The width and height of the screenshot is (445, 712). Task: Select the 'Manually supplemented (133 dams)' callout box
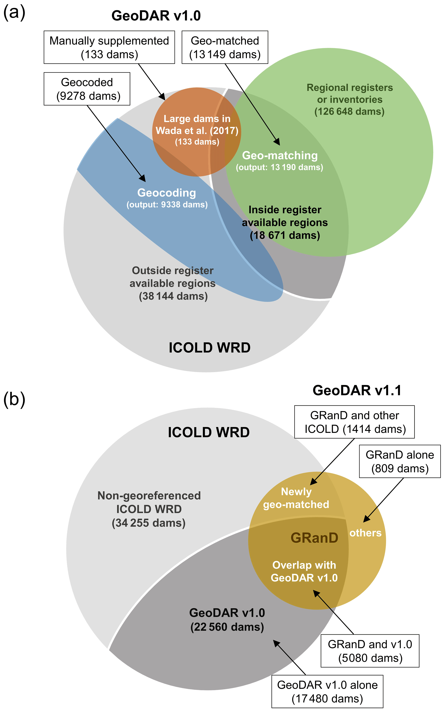point(109,47)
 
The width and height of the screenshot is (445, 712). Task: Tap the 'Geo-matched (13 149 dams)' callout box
point(225,47)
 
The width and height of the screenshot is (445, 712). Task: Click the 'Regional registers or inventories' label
point(350,94)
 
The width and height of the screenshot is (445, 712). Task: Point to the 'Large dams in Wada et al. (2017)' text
point(197,125)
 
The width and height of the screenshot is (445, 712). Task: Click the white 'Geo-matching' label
point(280,156)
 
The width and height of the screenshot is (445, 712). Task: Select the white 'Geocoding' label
point(167,193)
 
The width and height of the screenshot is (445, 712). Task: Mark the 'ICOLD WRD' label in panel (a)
point(209,348)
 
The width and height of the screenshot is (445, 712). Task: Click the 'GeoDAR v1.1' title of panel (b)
point(357,390)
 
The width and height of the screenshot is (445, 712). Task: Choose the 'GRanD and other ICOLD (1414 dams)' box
point(355,422)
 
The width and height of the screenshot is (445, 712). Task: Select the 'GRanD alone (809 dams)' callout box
point(400,461)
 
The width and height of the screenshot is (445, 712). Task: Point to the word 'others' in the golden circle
point(366,533)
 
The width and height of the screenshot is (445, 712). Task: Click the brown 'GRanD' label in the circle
point(314,538)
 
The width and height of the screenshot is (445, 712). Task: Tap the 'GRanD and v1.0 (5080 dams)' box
point(370,651)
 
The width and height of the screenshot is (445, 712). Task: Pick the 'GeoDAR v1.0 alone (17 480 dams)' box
point(327,692)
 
